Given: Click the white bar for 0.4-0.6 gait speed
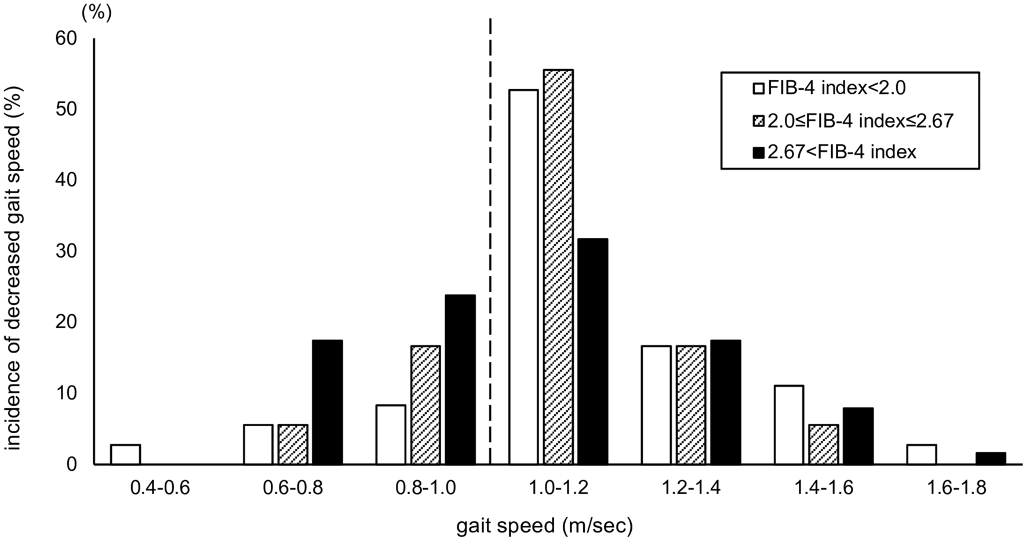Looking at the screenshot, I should (125, 455).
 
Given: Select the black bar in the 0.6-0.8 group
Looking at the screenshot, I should (328, 402).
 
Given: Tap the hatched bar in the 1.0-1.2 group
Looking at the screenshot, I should (558, 267).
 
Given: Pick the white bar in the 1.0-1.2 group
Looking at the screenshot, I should (523, 277).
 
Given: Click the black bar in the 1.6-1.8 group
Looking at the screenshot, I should (991, 459).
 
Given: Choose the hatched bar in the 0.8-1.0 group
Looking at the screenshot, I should (425, 405).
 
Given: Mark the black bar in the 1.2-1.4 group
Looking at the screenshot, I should (725, 402).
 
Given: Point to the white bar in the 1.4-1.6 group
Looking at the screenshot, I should (789, 425).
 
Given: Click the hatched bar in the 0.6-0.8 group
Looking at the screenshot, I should (293, 445).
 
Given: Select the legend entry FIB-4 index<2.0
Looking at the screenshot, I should (829, 89).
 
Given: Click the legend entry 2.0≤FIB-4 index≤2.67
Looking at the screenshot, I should (853, 121).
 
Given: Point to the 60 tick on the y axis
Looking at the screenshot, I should (66, 39).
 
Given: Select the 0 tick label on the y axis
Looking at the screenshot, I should (71, 464).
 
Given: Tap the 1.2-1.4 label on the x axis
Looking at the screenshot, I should (691, 488).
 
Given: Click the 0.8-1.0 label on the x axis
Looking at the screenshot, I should (425, 488).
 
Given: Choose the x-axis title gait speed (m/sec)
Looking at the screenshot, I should (544, 526).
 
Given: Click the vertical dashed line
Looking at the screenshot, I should (490, 232).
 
